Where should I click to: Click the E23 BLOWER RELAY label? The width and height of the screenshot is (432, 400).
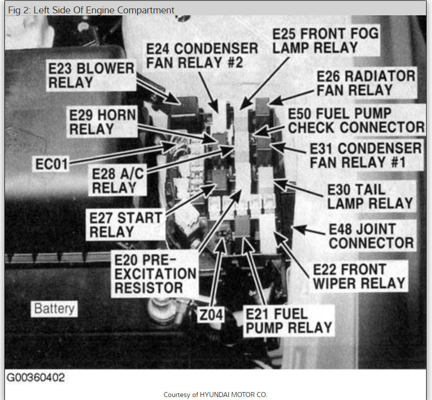(91, 76)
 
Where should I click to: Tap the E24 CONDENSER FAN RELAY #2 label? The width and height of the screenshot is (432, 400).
(202, 56)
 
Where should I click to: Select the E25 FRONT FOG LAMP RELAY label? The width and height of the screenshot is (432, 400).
(325, 40)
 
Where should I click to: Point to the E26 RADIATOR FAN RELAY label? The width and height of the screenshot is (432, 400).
(366, 83)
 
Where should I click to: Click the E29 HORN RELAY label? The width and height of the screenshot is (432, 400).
(103, 122)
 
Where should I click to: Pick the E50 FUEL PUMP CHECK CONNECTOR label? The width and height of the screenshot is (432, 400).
(356, 120)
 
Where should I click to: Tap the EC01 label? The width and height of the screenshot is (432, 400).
(51, 164)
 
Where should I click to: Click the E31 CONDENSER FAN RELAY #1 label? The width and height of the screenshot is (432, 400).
(365, 155)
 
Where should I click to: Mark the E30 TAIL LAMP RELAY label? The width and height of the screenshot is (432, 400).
(370, 196)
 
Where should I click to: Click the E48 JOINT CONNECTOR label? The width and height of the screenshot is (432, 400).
(371, 236)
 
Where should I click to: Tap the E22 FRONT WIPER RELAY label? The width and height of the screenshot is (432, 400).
(359, 276)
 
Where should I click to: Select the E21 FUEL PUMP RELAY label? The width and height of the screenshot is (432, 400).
(288, 321)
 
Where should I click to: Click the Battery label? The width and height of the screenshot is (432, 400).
(54, 309)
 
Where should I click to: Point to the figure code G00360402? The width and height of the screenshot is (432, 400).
(36, 378)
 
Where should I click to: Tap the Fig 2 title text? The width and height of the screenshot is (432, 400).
(91, 9)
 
